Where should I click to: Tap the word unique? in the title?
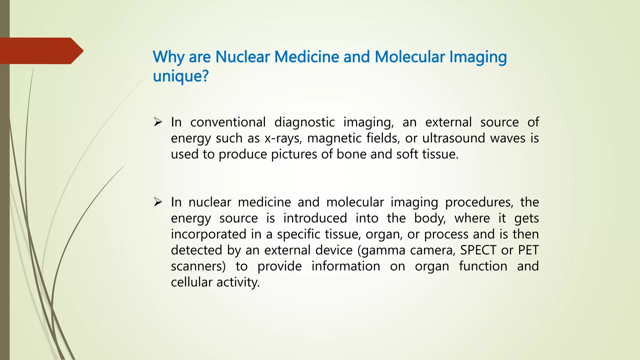click(181, 76)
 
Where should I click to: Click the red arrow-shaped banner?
click(41, 51)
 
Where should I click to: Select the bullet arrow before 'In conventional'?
click(158, 122)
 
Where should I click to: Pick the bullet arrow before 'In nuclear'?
click(158, 202)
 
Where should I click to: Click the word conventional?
click(228, 122)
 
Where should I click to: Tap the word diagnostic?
click(304, 122)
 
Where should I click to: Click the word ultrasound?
click(453, 138)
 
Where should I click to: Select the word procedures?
click(479, 202)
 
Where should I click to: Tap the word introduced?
click(315, 218)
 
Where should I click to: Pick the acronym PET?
click(528, 250)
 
